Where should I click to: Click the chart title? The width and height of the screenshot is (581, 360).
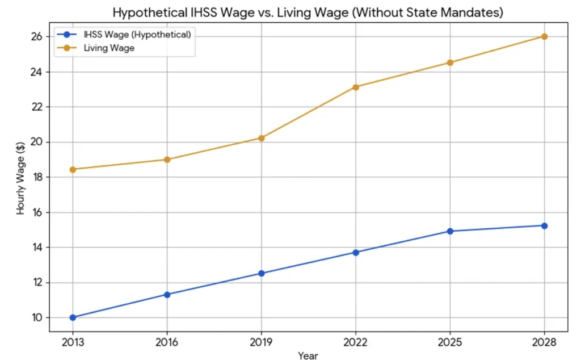coord(308,11)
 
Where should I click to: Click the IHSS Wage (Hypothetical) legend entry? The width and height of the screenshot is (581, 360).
coord(127,35)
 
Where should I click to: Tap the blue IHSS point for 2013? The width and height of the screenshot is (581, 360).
coord(73,317)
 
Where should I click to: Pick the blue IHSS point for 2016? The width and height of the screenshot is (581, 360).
coord(167,294)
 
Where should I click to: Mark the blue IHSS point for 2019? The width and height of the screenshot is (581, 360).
coord(261,273)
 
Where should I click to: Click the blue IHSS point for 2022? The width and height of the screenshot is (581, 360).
coord(356,252)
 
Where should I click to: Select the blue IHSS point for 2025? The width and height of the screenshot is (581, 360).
coord(450,231)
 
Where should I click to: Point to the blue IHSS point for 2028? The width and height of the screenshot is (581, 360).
coord(544,225)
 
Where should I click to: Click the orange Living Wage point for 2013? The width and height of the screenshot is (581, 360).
coord(73,169)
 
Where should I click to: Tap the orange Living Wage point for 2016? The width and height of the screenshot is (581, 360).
coord(167,160)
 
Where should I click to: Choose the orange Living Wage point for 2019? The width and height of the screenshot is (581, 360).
coord(261,138)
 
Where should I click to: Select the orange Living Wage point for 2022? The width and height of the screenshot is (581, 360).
coord(356,87)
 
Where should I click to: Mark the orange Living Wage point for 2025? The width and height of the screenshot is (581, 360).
coord(450,62)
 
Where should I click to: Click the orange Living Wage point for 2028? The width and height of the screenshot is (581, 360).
coord(544,36)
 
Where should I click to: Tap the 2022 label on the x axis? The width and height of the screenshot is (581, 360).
coord(356,343)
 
